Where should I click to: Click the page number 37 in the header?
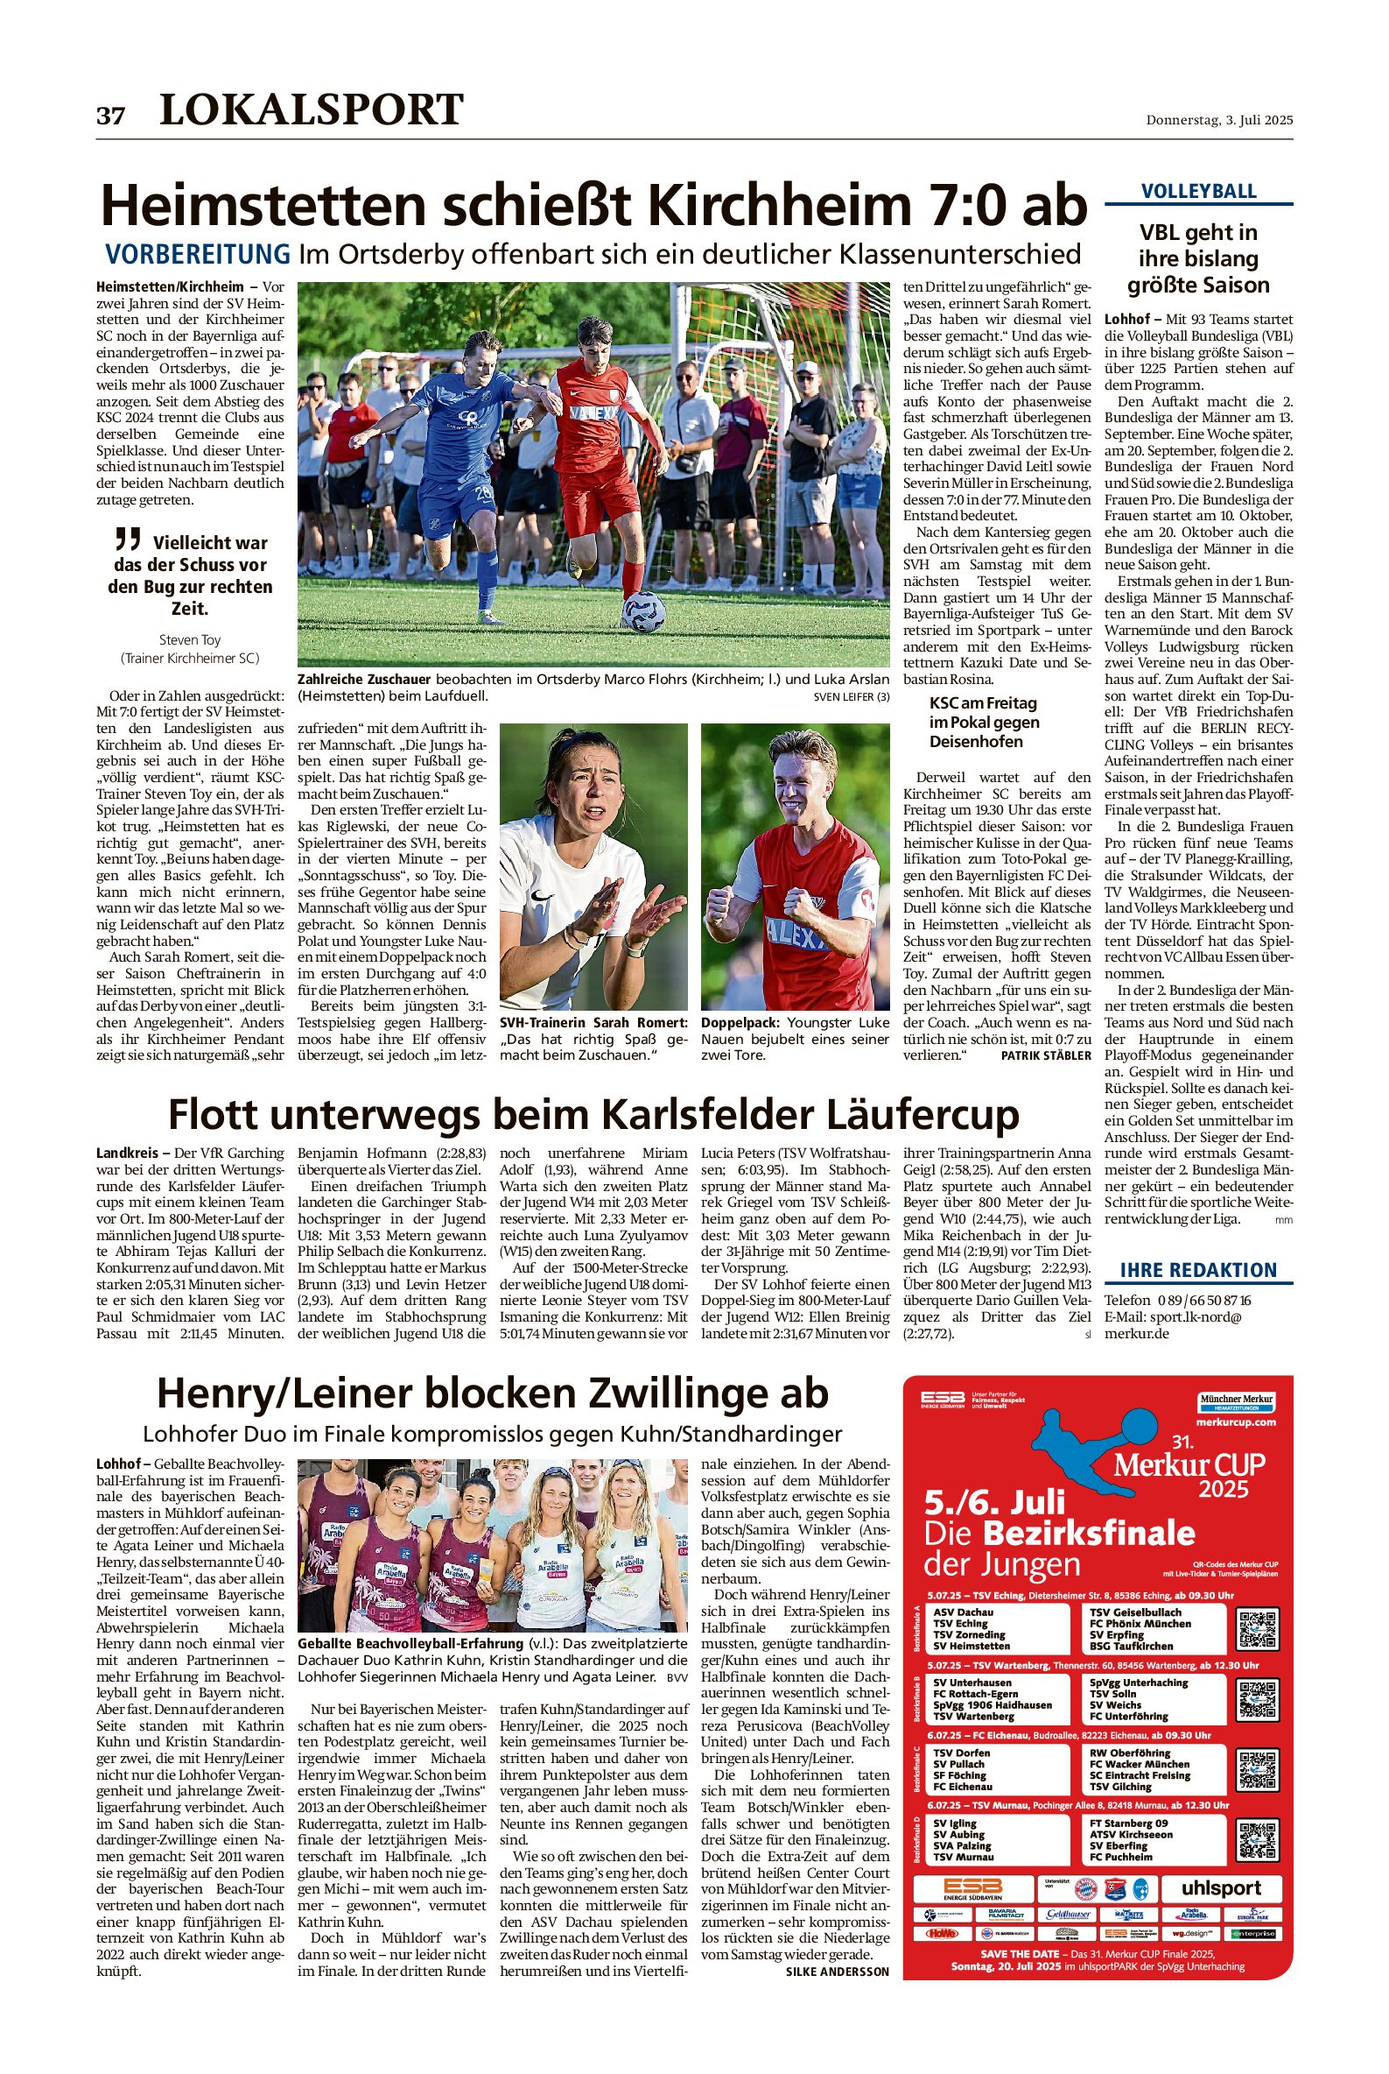(x=111, y=116)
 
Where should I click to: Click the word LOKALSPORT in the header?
(x=311, y=109)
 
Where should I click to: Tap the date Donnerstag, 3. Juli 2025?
(x=1219, y=120)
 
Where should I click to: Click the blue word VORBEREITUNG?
(x=198, y=254)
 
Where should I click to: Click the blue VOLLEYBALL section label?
(x=1198, y=192)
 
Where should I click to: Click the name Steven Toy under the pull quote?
(x=190, y=639)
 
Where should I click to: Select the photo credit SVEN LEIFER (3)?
(x=851, y=696)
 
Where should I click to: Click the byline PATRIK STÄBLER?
(x=1045, y=1055)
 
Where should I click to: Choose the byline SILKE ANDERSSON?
(x=836, y=1972)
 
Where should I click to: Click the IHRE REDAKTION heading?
(x=1198, y=1270)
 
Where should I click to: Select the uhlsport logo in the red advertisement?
(x=1221, y=1888)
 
